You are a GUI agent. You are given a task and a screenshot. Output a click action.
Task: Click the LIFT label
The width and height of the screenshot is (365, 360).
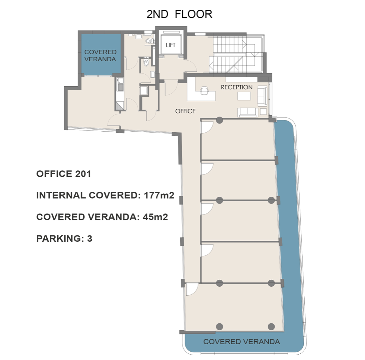coord(170,45)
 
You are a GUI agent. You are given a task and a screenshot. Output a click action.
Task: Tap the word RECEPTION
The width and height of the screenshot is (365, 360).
coord(237,87)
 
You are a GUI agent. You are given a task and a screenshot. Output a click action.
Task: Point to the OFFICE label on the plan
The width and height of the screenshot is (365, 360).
coord(185,111)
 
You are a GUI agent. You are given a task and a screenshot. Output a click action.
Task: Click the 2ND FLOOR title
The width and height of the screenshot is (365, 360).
coord(179,14)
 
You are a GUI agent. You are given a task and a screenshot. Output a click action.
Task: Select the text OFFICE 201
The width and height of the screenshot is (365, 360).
coord(63,174)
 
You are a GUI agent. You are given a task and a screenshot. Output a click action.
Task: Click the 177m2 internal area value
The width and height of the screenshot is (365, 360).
coord(159,195)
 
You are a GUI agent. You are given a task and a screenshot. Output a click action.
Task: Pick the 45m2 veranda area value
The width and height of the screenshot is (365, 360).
coord(155,217)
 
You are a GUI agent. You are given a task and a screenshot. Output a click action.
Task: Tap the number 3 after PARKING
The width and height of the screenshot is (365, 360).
coord(90,239)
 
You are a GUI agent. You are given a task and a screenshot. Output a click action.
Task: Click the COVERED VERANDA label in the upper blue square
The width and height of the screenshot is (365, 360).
coord(100,56)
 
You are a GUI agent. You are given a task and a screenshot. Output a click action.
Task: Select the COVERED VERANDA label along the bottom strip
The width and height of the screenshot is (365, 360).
coord(242,342)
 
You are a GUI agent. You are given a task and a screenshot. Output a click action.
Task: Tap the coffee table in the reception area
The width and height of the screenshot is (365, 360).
coord(244,96)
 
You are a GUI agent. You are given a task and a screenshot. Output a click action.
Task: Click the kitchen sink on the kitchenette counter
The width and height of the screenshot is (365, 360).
coord(120,87)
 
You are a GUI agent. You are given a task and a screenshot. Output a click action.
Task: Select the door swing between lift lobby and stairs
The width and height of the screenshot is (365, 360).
coord(191,66)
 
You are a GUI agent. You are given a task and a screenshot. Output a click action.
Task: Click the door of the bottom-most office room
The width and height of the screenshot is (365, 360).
coord(192,289)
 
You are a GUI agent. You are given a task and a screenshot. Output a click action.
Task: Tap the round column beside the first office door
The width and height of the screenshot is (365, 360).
coord(220,120)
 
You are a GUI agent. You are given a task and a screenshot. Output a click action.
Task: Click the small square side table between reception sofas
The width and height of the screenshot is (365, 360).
coord(263,111)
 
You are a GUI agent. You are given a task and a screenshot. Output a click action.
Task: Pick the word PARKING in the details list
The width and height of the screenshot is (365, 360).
coord(58,239)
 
